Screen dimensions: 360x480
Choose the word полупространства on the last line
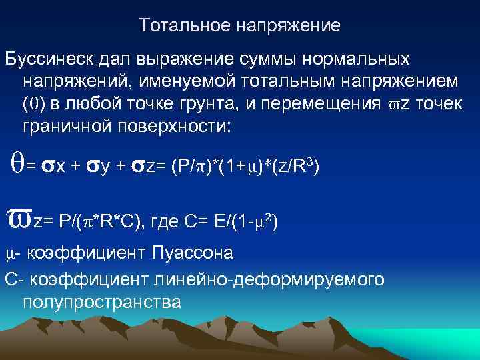pos(101,302)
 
